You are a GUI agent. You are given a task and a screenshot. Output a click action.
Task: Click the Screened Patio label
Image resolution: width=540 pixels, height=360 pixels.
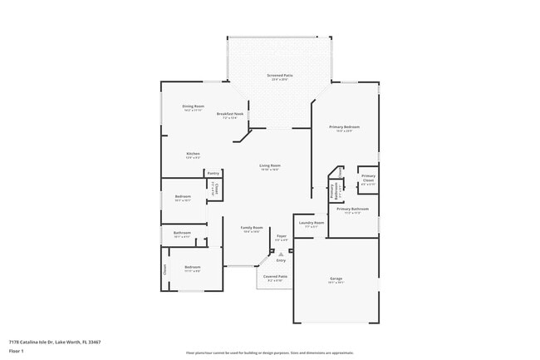[277, 75]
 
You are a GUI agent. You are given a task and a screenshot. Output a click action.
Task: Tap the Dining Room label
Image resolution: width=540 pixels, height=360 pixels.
[193, 106]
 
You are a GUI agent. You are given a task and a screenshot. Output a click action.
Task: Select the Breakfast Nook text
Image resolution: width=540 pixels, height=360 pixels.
[230, 113]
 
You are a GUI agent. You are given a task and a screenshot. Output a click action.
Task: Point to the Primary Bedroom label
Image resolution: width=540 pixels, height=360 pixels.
[345, 126]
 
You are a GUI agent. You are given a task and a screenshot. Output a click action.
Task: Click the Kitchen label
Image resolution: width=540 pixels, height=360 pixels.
[193, 154]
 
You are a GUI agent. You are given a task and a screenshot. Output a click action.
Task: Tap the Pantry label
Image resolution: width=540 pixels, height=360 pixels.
[214, 173]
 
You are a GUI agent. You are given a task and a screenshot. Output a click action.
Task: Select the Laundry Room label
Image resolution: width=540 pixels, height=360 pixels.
[312, 223]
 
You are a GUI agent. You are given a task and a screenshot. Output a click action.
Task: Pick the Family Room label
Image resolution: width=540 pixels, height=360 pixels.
[252, 228]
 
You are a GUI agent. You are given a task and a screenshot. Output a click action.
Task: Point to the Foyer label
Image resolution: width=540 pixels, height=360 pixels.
[282, 236]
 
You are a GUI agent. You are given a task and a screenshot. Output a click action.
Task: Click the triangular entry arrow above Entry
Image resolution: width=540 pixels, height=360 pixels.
[280, 254]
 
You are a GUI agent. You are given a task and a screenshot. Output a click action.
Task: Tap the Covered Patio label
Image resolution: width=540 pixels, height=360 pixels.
[276, 276]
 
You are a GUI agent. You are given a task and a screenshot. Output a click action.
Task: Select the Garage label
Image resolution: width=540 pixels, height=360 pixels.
[336, 279]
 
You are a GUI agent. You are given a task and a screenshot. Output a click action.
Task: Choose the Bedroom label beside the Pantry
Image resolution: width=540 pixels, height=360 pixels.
[183, 197]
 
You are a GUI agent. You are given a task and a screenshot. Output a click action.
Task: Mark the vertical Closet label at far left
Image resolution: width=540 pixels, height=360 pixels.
[164, 269]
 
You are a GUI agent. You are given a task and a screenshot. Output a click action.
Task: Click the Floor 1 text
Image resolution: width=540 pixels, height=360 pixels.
[17, 351]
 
